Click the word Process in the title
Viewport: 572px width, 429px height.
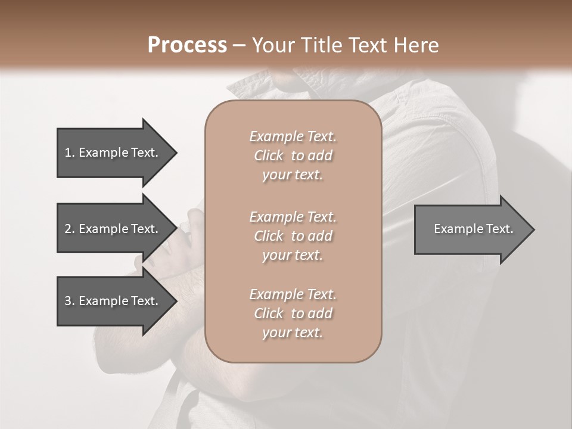pyautogui.click(x=187, y=45)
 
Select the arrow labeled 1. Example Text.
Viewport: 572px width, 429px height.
pyautogui.click(x=113, y=153)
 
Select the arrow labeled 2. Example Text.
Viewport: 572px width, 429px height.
pyautogui.click(x=113, y=229)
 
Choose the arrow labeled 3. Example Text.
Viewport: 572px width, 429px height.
pyautogui.click(x=113, y=301)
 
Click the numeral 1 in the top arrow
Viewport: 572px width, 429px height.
pyautogui.click(x=68, y=153)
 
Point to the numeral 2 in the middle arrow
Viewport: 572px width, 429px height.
pyautogui.click(x=68, y=229)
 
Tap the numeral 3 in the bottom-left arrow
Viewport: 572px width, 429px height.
pyautogui.click(x=68, y=301)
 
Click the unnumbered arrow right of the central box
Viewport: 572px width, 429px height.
pyautogui.click(x=471, y=229)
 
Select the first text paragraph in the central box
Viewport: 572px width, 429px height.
pyautogui.click(x=293, y=156)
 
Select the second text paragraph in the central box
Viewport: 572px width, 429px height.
pyautogui.click(x=293, y=236)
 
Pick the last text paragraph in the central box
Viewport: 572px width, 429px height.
pyautogui.click(x=293, y=313)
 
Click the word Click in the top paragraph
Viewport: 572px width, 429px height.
pyautogui.click(x=269, y=156)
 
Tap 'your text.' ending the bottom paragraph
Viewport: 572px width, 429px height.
pyautogui.click(x=293, y=333)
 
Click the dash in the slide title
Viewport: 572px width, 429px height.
pyautogui.click(x=240, y=45)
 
